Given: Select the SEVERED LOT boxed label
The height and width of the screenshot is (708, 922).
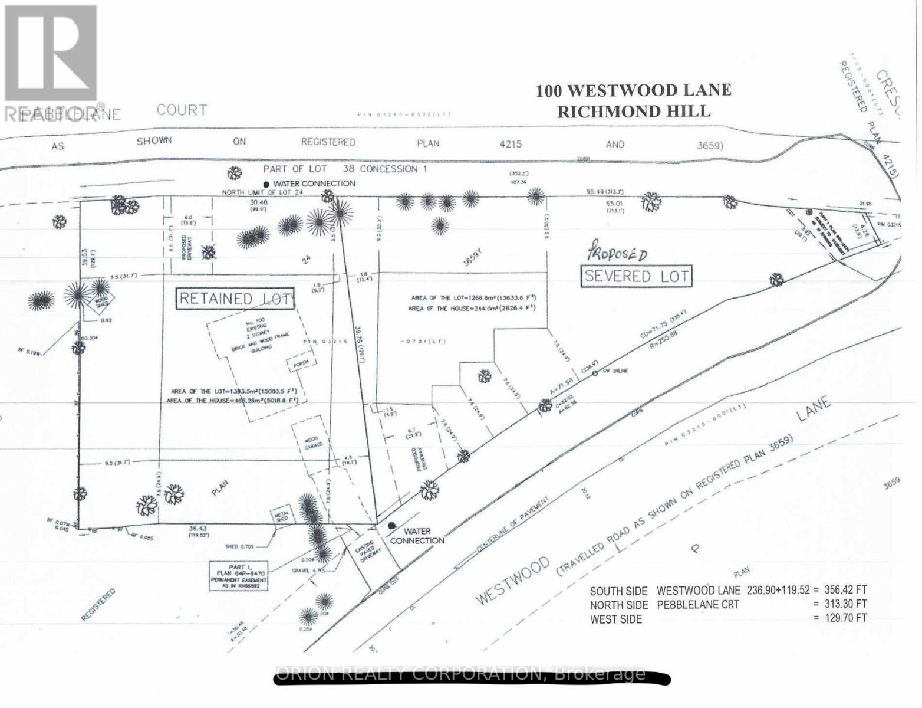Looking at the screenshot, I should (x=635, y=276).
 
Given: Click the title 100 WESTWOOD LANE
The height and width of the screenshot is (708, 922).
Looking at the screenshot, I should (x=633, y=90).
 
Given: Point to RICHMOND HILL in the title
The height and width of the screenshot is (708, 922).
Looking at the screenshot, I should (x=634, y=111).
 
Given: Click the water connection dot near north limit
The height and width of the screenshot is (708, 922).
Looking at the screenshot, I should (x=266, y=185).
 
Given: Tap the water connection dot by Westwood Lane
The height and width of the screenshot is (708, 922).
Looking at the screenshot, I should (x=392, y=525).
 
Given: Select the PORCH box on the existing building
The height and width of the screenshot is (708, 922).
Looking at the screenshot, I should (x=297, y=365).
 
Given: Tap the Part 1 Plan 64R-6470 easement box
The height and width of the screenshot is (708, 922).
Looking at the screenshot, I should (x=239, y=576).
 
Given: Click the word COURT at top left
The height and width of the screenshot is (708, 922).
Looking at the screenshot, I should (x=182, y=110).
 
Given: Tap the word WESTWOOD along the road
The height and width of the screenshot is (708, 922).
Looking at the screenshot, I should (x=512, y=579).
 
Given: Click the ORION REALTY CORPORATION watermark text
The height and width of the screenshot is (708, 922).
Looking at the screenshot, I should (x=460, y=674).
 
